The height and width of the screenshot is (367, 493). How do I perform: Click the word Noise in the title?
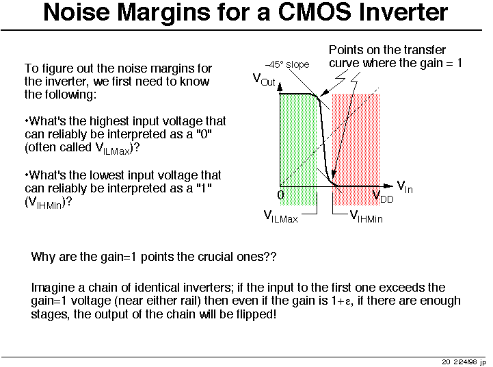pyautogui.click(x=77, y=12)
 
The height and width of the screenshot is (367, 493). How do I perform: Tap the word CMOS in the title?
pyautogui.click(x=315, y=12)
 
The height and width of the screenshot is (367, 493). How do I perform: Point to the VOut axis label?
pyautogui.click(x=264, y=79)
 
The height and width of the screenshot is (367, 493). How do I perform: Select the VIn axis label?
pyautogui.click(x=405, y=187)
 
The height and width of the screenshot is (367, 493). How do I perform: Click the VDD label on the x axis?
pyautogui.click(x=383, y=197)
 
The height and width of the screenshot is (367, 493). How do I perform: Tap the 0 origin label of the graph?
pyautogui.click(x=281, y=195)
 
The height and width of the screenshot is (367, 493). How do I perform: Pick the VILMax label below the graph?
pyautogui.click(x=280, y=216)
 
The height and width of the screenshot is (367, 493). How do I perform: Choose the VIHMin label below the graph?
pyautogui.click(x=366, y=216)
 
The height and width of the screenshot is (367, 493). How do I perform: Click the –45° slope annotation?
pyautogui.click(x=287, y=64)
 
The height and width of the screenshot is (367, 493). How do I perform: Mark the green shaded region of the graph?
pyautogui.click(x=298, y=149)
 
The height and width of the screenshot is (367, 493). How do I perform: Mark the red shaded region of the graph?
pyautogui.click(x=356, y=149)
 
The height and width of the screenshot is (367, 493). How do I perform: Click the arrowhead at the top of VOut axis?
pyautogui.click(x=280, y=87)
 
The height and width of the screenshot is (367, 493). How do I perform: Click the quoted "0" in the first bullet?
pyautogui.click(x=204, y=134)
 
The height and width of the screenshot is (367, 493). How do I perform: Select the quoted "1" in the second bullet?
pyautogui.click(x=204, y=188)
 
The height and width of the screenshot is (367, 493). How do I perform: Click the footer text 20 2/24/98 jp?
pyautogui.click(x=464, y=362)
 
